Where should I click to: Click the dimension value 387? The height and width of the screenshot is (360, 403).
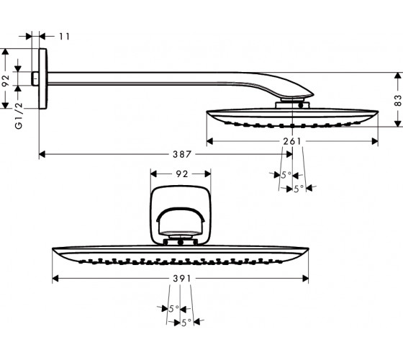pyautogui.click(x=182, y=154)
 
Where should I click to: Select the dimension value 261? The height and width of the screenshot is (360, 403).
pyautogui.click(x=292, y=141)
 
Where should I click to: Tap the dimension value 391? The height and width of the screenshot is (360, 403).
pyautogui.click(x=182, y=279)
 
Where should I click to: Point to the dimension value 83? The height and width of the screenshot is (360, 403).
pyautogui.click(x=397, y=101)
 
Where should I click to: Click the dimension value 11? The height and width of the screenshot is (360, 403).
pyautogui.click(x=65, y=37)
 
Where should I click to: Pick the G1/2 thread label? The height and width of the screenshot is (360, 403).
pyautogui.click(x=19, y=116)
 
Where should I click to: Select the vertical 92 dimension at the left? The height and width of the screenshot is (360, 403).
pyautogui.click(x=6, y=81)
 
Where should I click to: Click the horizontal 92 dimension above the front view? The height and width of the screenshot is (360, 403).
pyautogui.click(x=182, y=174)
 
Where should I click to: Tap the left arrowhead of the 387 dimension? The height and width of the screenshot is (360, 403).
pyautogui.click(x=42, y=154)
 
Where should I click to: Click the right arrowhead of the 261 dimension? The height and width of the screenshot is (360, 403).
pyautogui.click(x=375, y=141)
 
